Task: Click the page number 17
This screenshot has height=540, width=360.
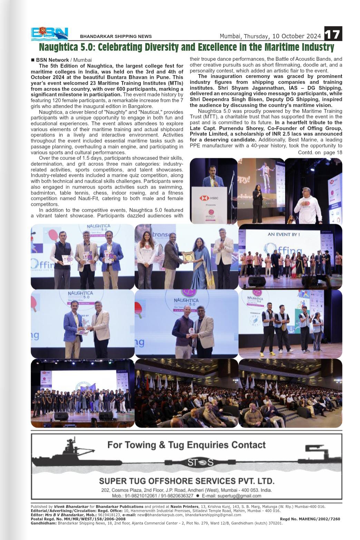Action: point(333,34)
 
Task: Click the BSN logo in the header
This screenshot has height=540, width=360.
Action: point(49,34)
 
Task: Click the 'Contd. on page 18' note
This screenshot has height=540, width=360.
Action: point(320,152)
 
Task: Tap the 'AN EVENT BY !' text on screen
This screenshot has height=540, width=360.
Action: point(284,234)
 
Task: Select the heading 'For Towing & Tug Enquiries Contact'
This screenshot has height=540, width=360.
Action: point(186,445)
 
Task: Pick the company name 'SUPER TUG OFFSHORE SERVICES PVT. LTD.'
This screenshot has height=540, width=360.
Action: point(186,481)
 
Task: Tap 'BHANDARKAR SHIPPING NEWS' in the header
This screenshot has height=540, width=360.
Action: point(116,36)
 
